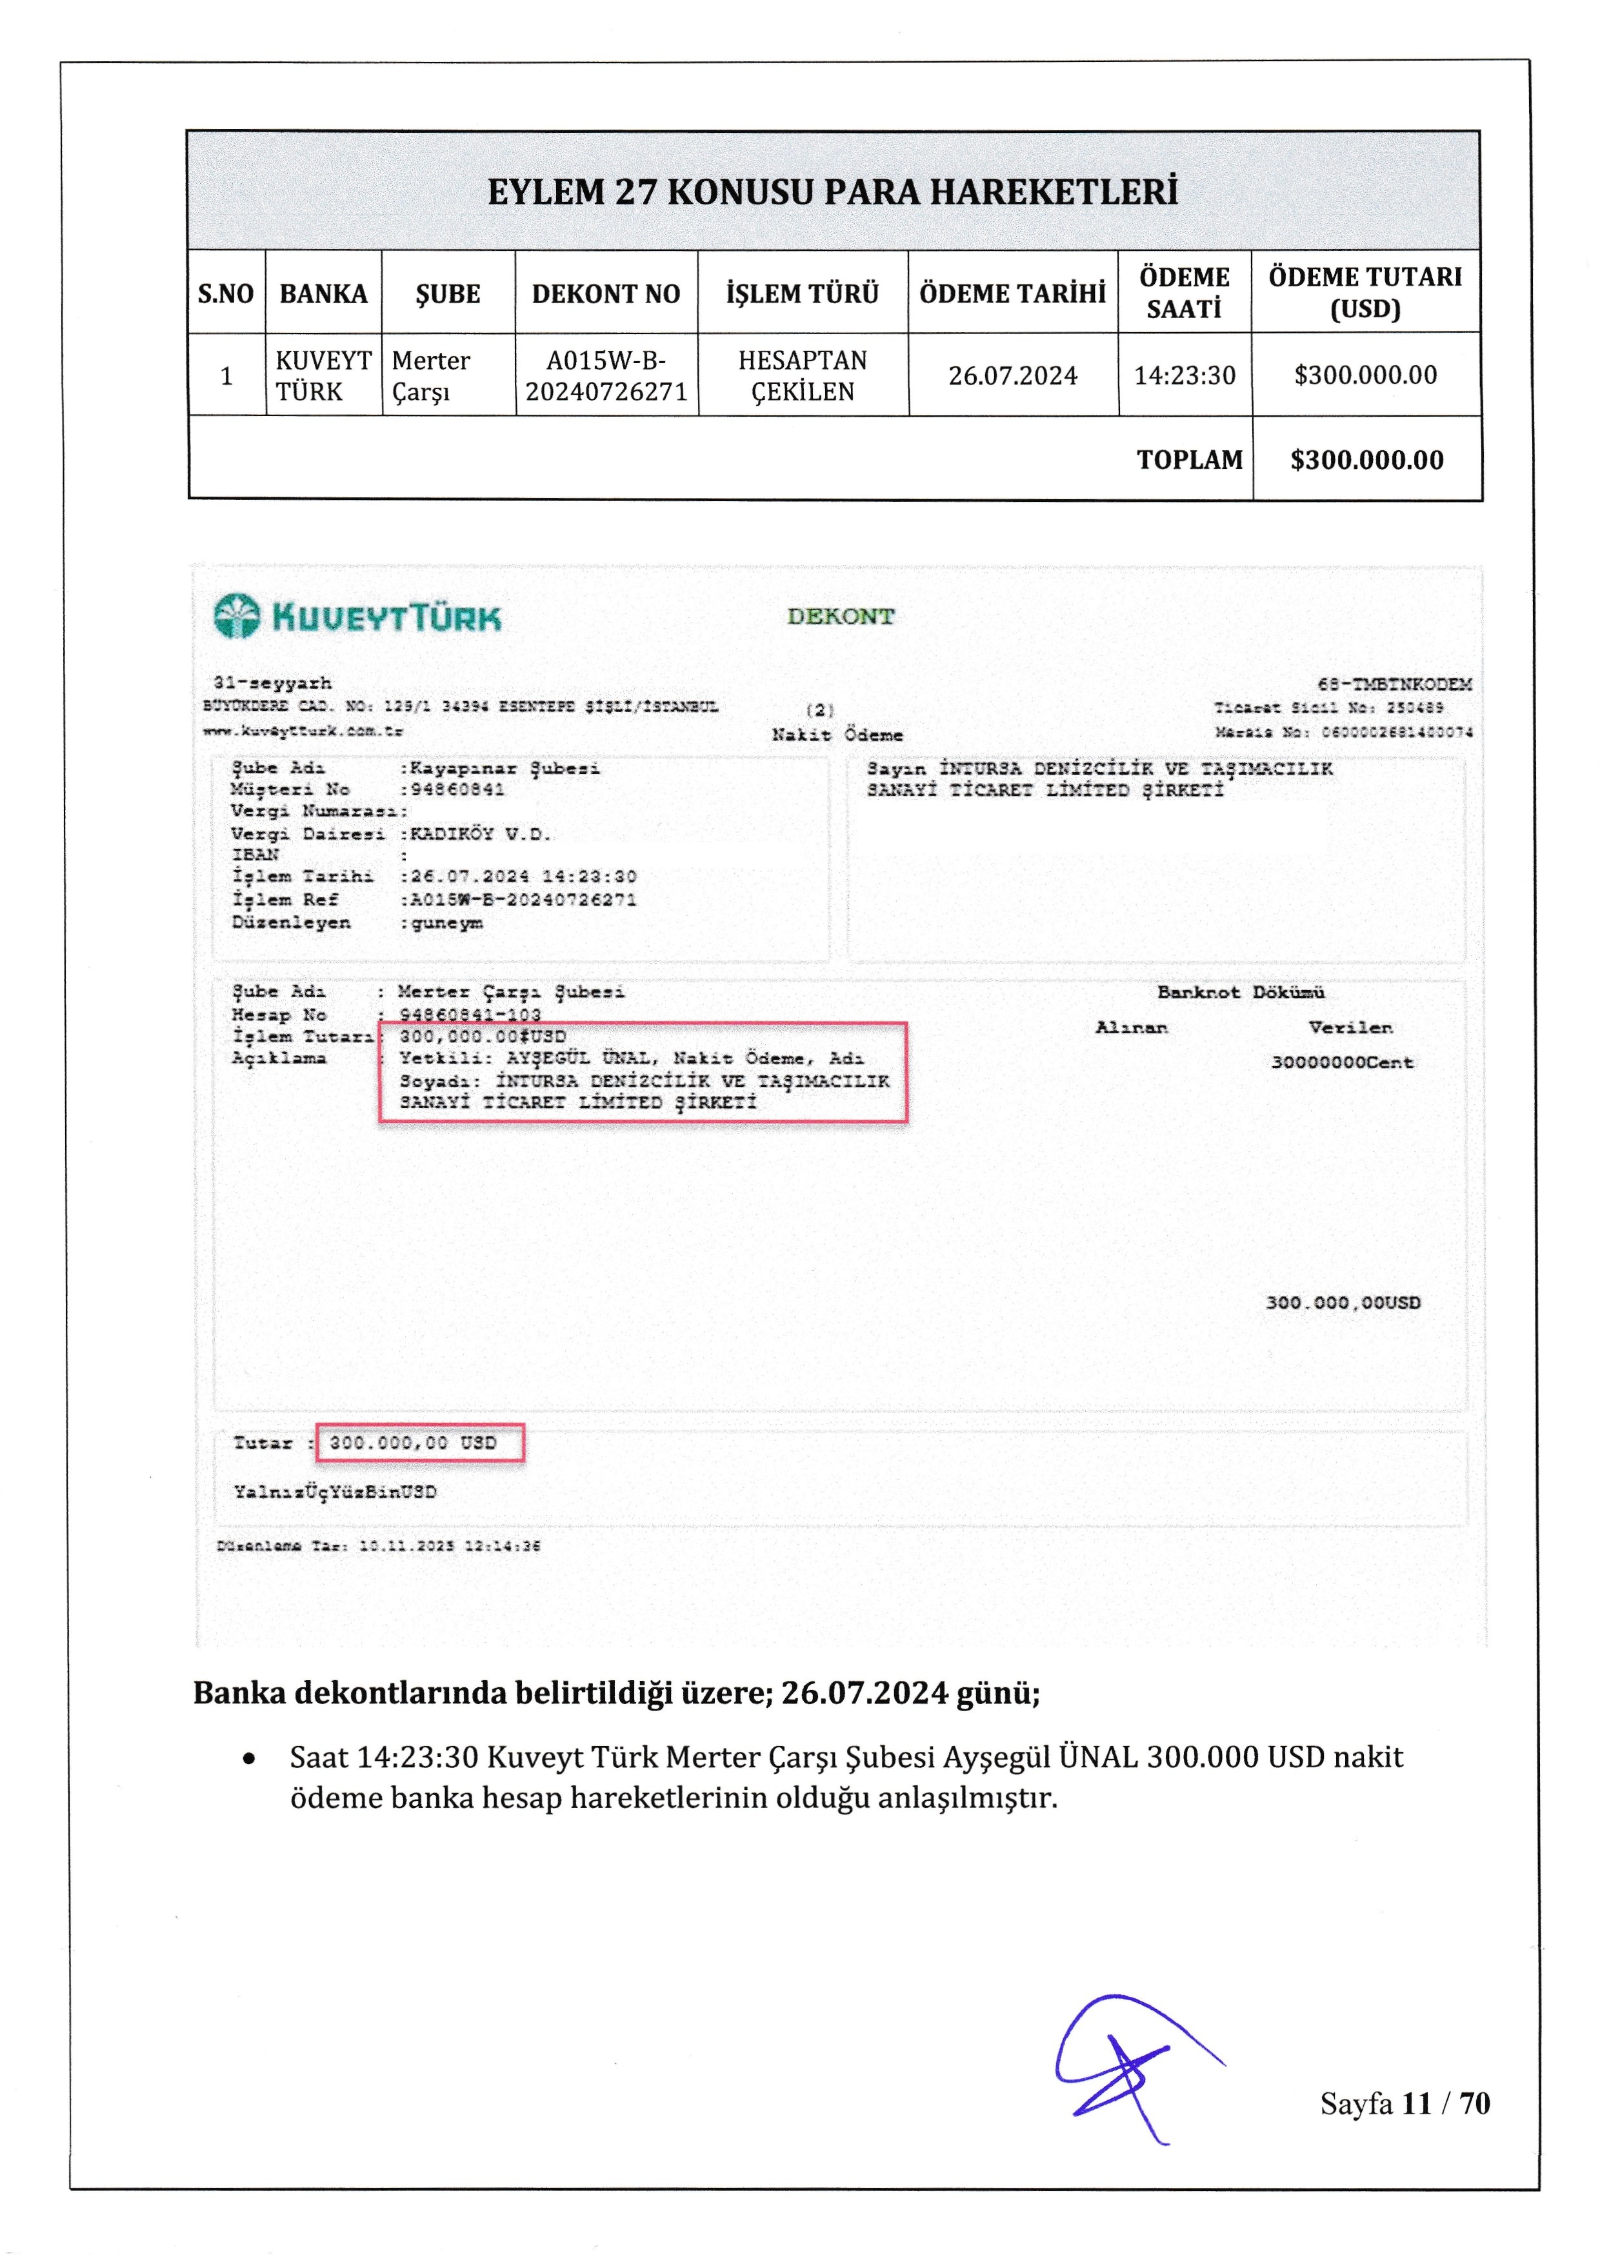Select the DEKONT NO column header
[x=606, y=293]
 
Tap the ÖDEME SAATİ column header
[x=1185, y=293]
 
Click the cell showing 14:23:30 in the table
[x=1185, y=375]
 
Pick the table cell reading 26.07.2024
[x=1013, y=375]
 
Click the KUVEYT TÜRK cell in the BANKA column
[x=323, y=375]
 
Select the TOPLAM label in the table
[x=1189, y=460]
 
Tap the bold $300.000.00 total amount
[x=1366, y=460]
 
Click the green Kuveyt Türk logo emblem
[x=237, y=617]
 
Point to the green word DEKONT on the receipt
[x=841, y=617]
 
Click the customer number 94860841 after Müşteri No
[x=457, y=789]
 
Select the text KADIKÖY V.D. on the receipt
[x=481, y=833]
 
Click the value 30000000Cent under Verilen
[x=1342, y=1062]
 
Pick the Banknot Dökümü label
[x=1241, y=992]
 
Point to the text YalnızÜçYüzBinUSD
[x=335, y=1492]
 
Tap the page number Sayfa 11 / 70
[x=1404, y=2103]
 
